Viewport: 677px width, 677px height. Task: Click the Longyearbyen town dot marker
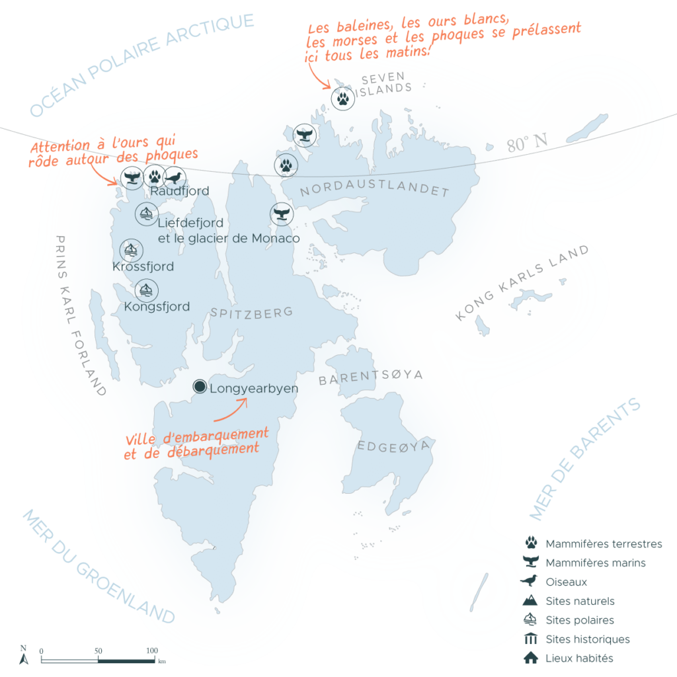click(200, 387)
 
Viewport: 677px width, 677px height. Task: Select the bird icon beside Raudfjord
click(175, 178)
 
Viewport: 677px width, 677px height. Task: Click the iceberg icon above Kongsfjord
click(146, 290)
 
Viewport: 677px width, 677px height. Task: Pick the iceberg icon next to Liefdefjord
click(145, 214)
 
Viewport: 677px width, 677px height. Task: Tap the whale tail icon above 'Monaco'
click(281, 214)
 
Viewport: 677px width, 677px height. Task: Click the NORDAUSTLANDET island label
click(374, 192)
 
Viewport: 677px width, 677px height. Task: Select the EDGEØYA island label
click(393, 446)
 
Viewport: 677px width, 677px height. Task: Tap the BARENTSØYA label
click(370, 378)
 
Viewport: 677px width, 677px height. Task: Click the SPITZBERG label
click(251, 313)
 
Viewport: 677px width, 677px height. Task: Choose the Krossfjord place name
click(143, 267)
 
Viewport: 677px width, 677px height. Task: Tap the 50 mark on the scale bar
click(99, 651)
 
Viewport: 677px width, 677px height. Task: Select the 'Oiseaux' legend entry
click(566, 582)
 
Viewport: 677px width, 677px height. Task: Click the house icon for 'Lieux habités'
click(530, 658)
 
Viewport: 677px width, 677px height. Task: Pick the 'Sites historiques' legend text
click(587, 639)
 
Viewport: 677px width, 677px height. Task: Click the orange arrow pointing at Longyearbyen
click(231, 410)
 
